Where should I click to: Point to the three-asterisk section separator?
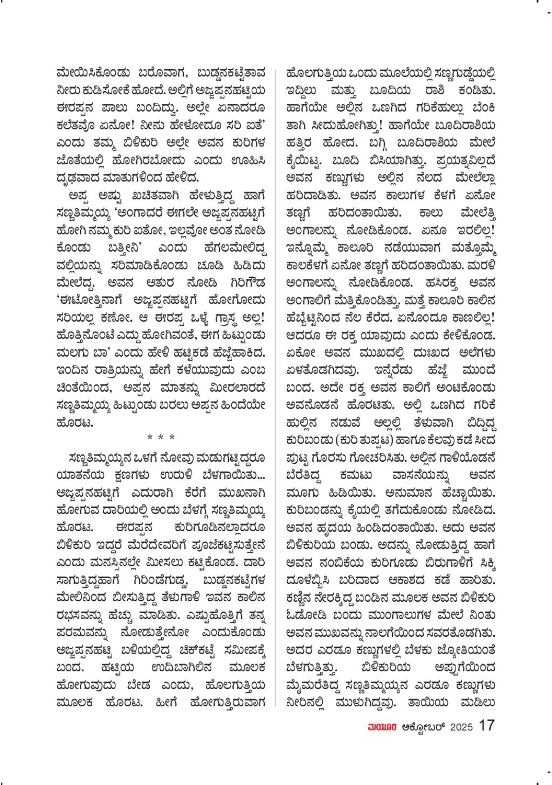pos(161,438)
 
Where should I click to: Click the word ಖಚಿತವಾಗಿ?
pos(147,197)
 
